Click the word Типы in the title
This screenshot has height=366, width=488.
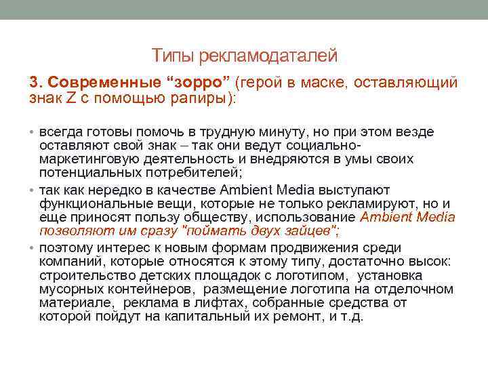click(171, 55)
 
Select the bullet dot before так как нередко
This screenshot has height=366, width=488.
click(33, 190)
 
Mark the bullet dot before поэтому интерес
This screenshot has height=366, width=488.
click(33, 248)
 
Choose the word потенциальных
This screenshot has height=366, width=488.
click(83, 173)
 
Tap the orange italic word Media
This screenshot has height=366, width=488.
click(432, 217)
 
